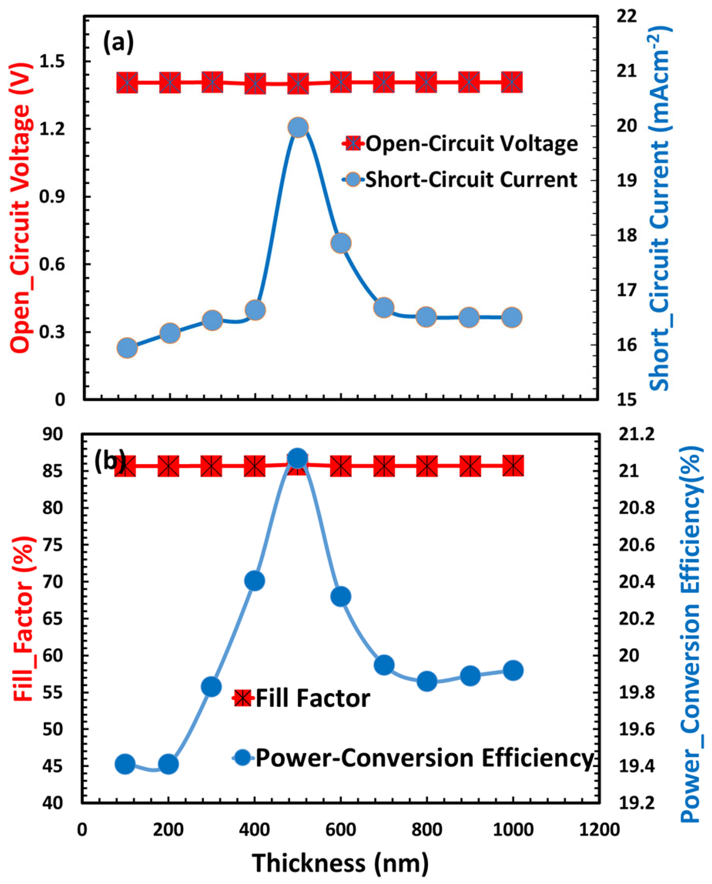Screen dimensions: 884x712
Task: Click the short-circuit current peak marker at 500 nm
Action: click(298, 128)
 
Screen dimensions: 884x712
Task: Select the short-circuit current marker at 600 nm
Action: click(341, 243)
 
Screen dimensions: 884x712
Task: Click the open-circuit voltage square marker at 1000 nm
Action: click(512, 82)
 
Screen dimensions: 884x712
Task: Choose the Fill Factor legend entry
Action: click(302, 698)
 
